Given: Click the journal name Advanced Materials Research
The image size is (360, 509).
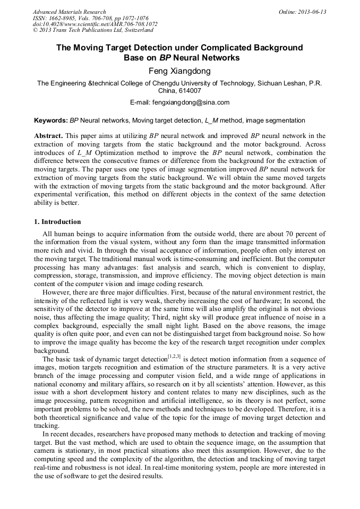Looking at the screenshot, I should (x=69, y=12).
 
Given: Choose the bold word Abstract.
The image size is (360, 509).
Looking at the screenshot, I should (x=48, y=136).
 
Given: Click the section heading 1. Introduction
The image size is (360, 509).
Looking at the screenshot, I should (x=57, y=222).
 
